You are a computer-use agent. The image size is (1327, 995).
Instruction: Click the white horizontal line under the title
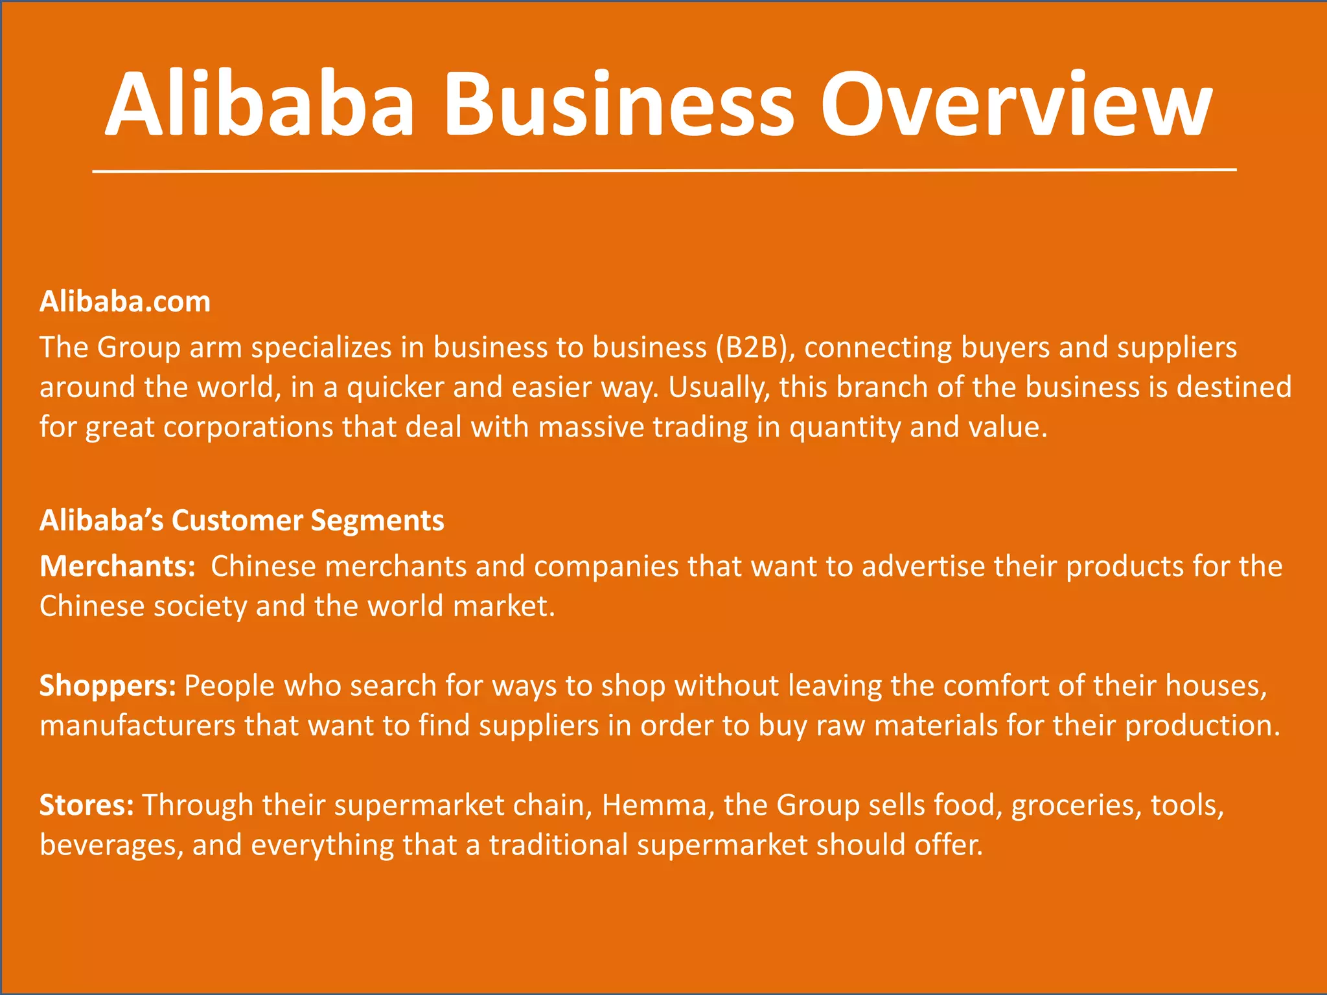[663, 170]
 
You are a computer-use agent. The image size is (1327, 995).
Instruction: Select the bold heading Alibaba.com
[125, 302]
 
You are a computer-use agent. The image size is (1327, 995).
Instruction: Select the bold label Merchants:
[117, 567]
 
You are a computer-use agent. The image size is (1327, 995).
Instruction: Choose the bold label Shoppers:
[108, 686]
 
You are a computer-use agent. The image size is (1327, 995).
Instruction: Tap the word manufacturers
[137, 726]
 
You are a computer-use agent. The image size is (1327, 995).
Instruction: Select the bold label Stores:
[87, 805]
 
